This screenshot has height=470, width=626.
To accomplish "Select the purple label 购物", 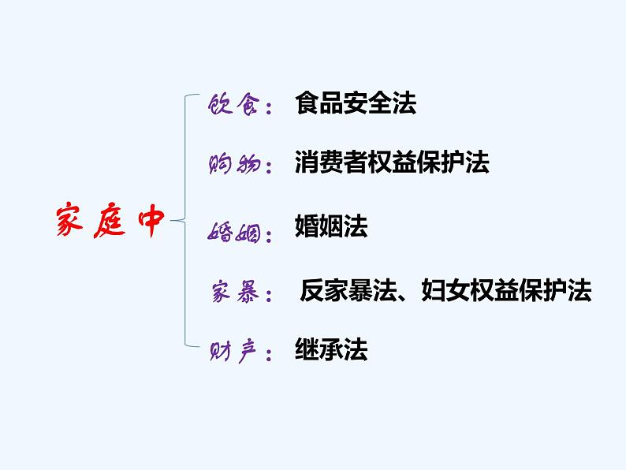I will (233, 165).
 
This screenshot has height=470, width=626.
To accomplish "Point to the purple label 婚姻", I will (233, 232).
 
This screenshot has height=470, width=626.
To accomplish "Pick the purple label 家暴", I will (233, 293).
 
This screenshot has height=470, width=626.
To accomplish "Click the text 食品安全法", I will (356, 103).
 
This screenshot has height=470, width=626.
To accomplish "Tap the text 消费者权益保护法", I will (392, 162).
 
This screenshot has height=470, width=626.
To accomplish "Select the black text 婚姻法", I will (331, 227).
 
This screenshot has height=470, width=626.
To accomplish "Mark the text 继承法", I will (331, 349).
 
